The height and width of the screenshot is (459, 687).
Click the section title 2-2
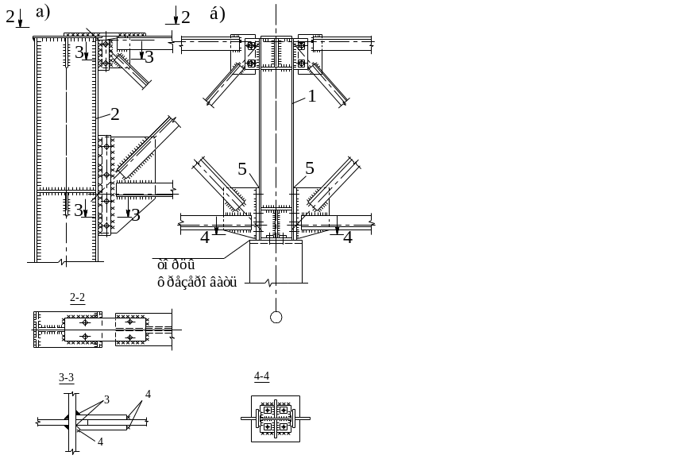coord(78,298)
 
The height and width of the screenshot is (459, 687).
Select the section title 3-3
coord(67,377)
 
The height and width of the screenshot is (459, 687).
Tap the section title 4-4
coord(262,376)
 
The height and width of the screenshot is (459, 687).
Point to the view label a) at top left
coord(43,13)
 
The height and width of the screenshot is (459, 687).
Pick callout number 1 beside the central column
coord(312,96)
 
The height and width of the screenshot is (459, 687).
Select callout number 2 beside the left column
coord(114,114)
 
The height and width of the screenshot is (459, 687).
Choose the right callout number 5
coord(310,168)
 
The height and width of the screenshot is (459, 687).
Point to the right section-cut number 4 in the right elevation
coord(346,237)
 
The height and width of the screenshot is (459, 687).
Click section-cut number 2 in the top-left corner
coord(10,17)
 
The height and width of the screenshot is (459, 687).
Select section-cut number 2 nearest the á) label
coord(186,17)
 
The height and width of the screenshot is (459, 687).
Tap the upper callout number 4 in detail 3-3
coord(148,395)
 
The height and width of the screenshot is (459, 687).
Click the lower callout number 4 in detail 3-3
coord(99,441)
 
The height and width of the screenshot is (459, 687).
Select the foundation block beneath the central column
coord(277,262)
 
